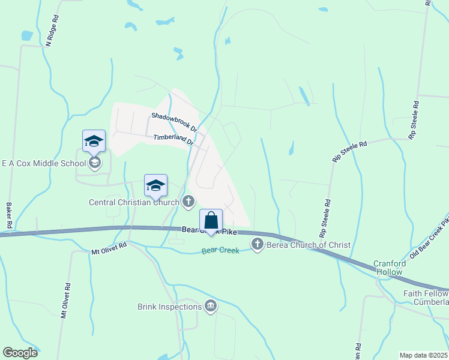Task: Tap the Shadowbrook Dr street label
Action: point(174,122)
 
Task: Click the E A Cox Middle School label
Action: point(44,163)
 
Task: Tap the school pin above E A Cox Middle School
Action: point(94,142)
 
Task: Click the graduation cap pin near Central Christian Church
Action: point(155,186)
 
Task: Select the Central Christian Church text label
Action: point(134,202)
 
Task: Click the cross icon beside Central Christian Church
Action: point(188,202)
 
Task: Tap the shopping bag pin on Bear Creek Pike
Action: point(211,221)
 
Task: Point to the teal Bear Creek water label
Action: point(220,250)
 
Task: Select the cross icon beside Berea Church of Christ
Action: point(258,244)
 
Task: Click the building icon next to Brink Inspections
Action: point(211,307)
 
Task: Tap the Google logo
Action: point(20,353)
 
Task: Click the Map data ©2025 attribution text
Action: point(423,355)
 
